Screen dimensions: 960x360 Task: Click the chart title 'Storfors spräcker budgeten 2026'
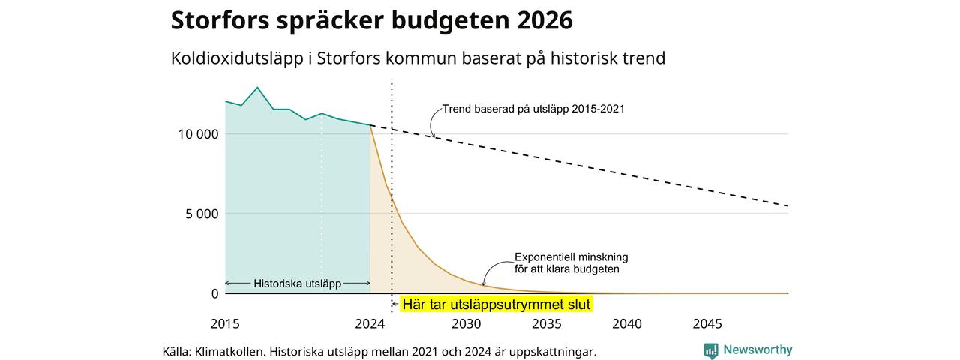point(371,20)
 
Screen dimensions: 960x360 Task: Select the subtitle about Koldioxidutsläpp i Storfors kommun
point(418,58)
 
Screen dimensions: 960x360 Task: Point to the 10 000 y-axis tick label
point(199,134)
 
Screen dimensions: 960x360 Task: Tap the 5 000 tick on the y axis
point(202,214)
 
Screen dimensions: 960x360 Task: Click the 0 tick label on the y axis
point(214,293)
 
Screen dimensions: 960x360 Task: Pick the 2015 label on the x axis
point(225,323)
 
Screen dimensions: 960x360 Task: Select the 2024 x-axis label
point(370,323)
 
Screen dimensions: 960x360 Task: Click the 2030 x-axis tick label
point(466,323)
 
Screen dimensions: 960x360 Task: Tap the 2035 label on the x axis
point(547,323)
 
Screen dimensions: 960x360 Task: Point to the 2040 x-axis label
point(627,323)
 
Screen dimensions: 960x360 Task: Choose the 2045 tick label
point(707,323)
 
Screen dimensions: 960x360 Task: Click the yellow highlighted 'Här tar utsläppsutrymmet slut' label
point(496,304)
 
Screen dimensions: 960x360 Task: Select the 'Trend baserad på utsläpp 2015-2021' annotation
point(533,109)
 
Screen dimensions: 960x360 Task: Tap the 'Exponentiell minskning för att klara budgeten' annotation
point(571,263)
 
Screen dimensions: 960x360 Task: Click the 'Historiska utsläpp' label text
point(298,283)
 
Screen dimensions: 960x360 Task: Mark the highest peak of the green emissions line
point(257,88)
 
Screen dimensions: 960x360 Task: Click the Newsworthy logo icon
point(711,350)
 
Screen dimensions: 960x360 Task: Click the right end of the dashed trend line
point(787,206)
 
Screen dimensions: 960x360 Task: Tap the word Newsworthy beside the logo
point(757,349)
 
